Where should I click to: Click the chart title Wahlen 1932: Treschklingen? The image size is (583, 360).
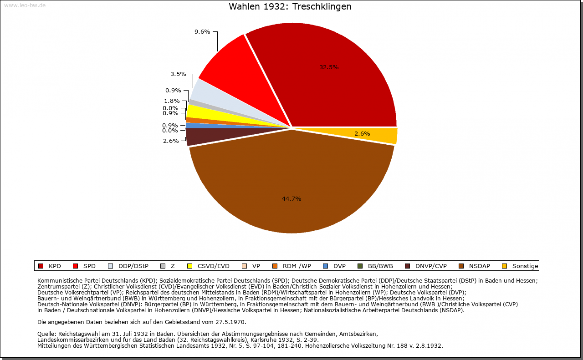(290, 6)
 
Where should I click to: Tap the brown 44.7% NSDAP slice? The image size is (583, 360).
(291, 188)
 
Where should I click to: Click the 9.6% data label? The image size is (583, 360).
(202, 32)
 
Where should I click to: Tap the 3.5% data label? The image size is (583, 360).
(178, 74)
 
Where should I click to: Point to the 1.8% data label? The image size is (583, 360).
(172, 101)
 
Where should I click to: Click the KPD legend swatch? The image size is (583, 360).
(41, 266)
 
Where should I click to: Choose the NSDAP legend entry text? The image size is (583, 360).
(480, 266)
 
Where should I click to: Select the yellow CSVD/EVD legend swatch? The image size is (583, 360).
(190, 266)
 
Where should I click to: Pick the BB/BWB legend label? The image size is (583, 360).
(380, 266)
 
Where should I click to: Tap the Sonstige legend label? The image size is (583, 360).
(525, 266)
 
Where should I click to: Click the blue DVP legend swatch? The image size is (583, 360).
(325, 266)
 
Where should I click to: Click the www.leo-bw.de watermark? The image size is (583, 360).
(25, 5)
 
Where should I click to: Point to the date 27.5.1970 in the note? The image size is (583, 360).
(230, 322)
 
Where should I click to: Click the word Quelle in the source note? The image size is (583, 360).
(46, 334)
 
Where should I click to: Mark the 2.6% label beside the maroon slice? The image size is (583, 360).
(171, 141)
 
